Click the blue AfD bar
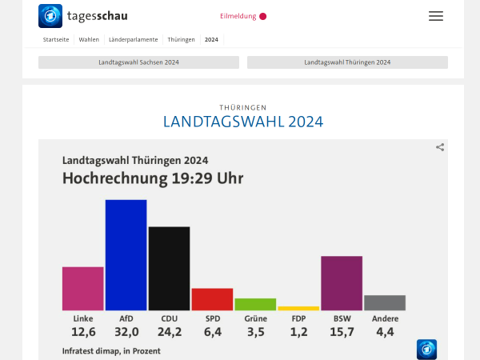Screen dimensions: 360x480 pos(126,254)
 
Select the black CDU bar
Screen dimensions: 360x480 pos(170,268)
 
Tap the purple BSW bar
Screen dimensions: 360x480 pos(342,283)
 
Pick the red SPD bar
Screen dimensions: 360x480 pos(212,299)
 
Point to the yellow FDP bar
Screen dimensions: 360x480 pos(298,308)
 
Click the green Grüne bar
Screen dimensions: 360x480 pos(255,304)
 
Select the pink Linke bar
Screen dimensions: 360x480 pos(83,288)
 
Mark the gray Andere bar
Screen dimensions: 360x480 pos(385,302)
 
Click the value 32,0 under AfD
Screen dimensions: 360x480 pos(126,332)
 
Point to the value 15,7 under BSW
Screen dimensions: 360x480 pos(342,332)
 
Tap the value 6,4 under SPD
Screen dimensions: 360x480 pos(212,332)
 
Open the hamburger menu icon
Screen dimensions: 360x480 pos(435,16)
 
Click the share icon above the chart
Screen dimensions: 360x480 pos(440,147)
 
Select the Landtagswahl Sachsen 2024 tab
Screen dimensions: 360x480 pos(138,62)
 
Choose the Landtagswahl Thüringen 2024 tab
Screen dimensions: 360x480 pos(347,62)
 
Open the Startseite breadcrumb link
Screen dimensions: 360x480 pos(56,39)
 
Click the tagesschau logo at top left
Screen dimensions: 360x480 pos(83,16)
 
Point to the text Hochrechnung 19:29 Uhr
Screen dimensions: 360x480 pos(153,178)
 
